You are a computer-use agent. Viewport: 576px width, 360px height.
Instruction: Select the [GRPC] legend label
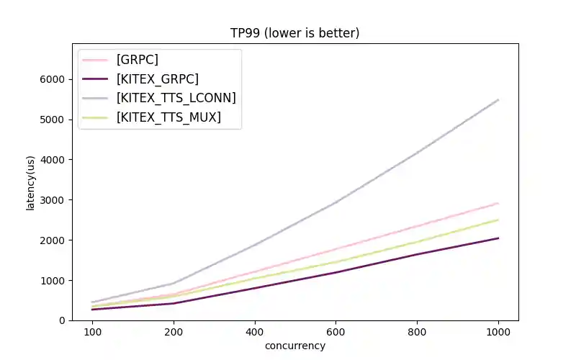click(137, 60)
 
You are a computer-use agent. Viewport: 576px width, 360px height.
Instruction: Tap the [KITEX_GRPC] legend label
click(157, 78)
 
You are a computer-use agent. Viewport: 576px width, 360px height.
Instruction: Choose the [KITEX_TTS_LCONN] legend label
click(176, 97)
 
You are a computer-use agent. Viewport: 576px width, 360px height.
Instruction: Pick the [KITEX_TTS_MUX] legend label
click(168, 117)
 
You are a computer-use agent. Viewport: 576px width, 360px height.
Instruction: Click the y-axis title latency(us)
click(31, 183)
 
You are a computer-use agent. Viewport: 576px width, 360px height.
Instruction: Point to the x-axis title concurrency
click(294, 346)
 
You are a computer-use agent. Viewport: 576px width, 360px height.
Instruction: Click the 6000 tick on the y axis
click(52, 79)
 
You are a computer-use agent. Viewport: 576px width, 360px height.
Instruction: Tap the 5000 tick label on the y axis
click(52, 120)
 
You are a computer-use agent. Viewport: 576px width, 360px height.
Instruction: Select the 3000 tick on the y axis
click(52, 199)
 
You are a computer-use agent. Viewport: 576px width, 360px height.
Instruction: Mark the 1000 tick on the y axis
click(52, 280)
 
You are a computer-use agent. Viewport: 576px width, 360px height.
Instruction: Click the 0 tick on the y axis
click(61, 320)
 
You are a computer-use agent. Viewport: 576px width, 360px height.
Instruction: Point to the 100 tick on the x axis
click(91, 332)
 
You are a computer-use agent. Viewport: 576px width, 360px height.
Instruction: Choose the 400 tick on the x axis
click(254, 332)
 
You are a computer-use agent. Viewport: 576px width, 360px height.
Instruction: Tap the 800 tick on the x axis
click(417, 332)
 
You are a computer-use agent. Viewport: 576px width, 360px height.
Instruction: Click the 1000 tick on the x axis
click(498, 332)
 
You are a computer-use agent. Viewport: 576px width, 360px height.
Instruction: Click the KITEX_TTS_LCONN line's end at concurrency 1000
click(498, 100)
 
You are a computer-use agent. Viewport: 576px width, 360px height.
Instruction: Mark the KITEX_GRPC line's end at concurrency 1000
click(498, 238)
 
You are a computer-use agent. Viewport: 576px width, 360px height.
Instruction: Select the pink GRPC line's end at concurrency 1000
click(498, 203)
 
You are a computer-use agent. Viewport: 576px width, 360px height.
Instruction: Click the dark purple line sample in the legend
click(95, 78)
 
